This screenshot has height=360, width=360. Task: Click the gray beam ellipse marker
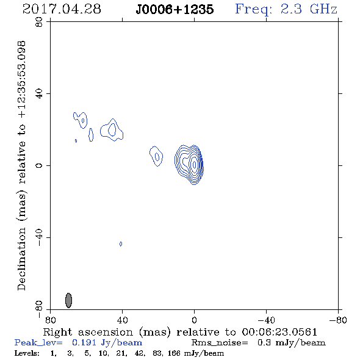pos(68,300)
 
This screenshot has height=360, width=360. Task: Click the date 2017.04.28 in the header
pos(62,9)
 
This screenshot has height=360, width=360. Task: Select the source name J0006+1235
pos(175,9)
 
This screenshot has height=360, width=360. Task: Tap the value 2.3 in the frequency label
pos(291,9)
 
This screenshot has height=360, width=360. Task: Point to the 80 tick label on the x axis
pos(50,320)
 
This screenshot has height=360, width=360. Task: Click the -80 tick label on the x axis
pos(338,320)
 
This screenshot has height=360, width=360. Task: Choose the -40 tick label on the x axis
pos(266,320)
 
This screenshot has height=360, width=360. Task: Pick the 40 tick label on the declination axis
pos(39,94)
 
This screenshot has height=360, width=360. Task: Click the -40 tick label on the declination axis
pos(39,237)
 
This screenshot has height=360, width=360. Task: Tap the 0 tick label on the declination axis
pos(39,165)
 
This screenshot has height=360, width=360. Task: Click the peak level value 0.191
pos(84,342)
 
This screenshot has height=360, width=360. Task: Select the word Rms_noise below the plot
pos(220,343)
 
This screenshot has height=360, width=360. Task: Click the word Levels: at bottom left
pos(27,353)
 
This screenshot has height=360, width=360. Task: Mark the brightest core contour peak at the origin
pos(195,165)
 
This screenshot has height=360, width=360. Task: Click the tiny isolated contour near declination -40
pos(121,244)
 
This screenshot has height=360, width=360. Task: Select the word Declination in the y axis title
pos(21,259)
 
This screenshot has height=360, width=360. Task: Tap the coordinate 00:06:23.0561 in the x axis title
pos(279,332)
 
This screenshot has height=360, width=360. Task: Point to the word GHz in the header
pos(323,9)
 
